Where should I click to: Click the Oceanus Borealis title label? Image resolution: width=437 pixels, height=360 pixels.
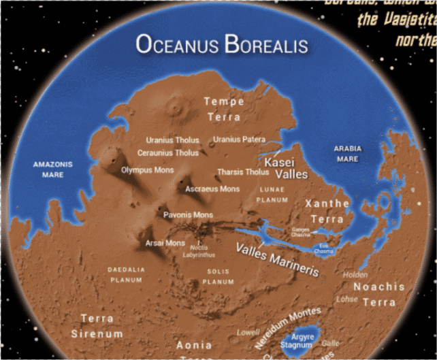click(x=222, y=45)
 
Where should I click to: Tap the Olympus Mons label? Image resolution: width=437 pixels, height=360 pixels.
click(x=148, y=169)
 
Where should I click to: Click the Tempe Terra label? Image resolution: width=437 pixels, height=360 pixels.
click(x=223, y=109)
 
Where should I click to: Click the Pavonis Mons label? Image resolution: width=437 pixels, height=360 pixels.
click(x=188, y=215)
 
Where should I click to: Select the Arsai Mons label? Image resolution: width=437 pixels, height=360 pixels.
click(x=165, y=243)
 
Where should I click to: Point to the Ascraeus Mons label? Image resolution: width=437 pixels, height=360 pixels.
click(x=212, y=188)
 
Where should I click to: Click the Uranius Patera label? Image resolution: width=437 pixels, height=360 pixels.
click(x=239, y=140)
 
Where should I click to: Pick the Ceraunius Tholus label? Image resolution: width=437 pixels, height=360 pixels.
click(x=168, y=153)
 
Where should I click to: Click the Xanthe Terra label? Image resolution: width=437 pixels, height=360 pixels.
click(x=327, y=211)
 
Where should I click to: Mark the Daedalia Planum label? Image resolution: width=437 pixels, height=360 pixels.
click(x=126, y=274)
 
